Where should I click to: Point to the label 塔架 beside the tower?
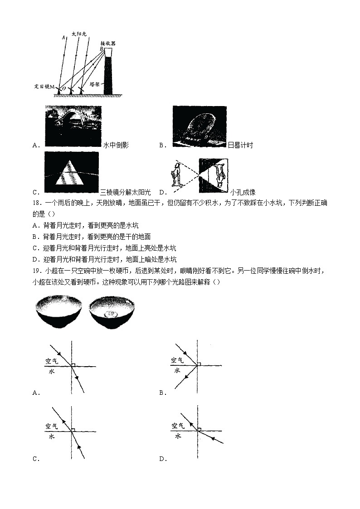(x=95, y=84)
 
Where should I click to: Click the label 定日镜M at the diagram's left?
(x=44, y=86)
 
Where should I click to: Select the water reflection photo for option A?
(x=73, y=126)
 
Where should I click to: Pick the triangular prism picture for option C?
(x=71, y=173)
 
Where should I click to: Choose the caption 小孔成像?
(x=243, y=192)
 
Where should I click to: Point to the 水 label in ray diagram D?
(x=178, y=436)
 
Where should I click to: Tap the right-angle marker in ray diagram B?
(x=200, y=363)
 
